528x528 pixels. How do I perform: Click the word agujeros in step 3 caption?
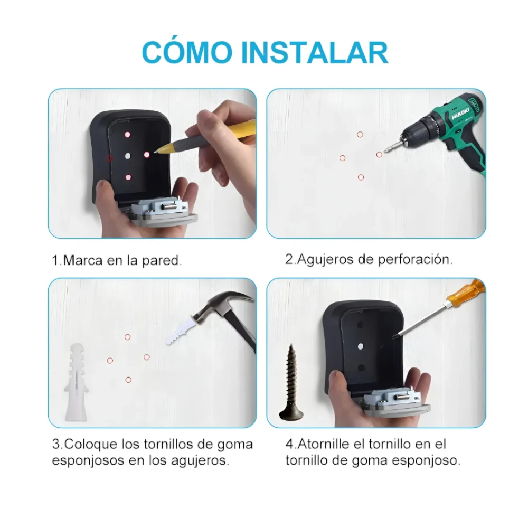click(x=201, y=460)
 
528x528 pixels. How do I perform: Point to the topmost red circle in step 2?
click(x=360, y=135)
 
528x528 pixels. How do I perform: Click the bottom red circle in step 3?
click(x=128, y=379)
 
